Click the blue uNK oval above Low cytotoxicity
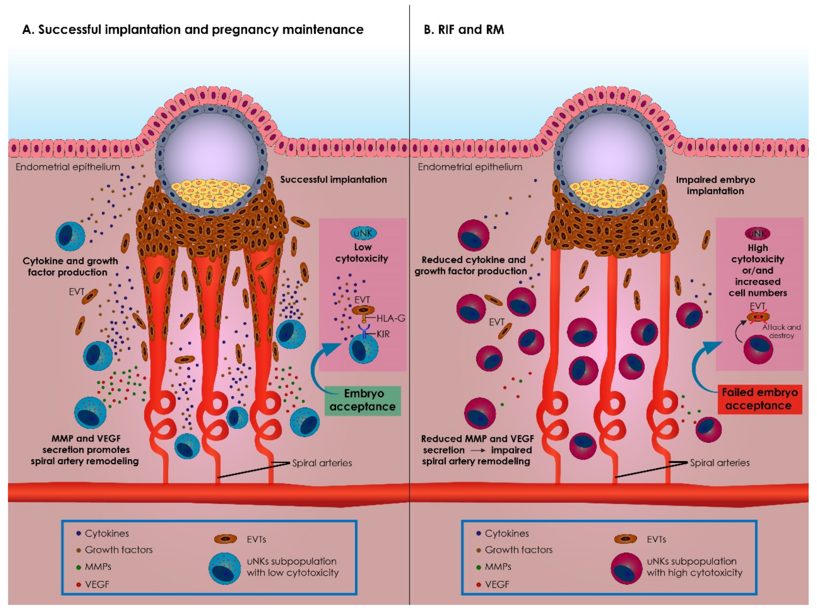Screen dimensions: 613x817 (x=363, y=233)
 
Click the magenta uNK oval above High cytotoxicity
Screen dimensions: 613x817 (x=757, y=234)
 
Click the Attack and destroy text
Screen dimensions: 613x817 (x=781, y=331)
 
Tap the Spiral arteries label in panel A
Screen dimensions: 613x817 (x=322, y=463)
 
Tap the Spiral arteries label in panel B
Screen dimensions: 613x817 (x=720, y=462)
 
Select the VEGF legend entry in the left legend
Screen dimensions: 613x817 (x=97, y=585)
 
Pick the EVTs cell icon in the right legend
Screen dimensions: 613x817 (x=626, y=539)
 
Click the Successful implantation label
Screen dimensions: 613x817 (x=333, y=180)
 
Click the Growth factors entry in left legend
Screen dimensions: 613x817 (x=118, y=550)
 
